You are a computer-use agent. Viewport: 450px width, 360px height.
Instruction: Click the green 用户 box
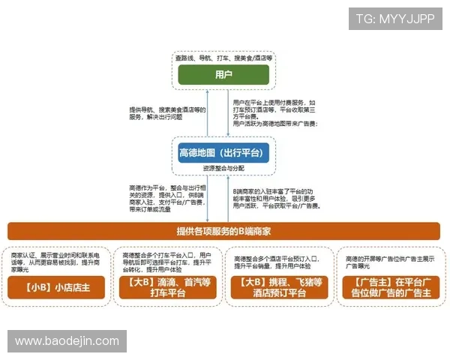click(223, 74)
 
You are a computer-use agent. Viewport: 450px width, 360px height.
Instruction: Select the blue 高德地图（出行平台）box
click(223, 154)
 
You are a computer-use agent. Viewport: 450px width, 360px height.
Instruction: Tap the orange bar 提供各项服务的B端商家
click(223, 231)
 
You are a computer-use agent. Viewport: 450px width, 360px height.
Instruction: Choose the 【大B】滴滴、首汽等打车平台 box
click(168, 287)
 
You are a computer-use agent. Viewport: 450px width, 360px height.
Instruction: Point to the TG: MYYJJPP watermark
click(395, 19)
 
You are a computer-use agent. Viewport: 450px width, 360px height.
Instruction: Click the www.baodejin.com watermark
click(67, 340)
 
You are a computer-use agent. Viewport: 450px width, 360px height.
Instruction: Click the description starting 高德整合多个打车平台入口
click(168, 262)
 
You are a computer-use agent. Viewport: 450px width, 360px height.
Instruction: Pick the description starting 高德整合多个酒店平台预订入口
click(277, 262)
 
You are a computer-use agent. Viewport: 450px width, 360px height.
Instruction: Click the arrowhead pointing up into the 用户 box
click(228, 88)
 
